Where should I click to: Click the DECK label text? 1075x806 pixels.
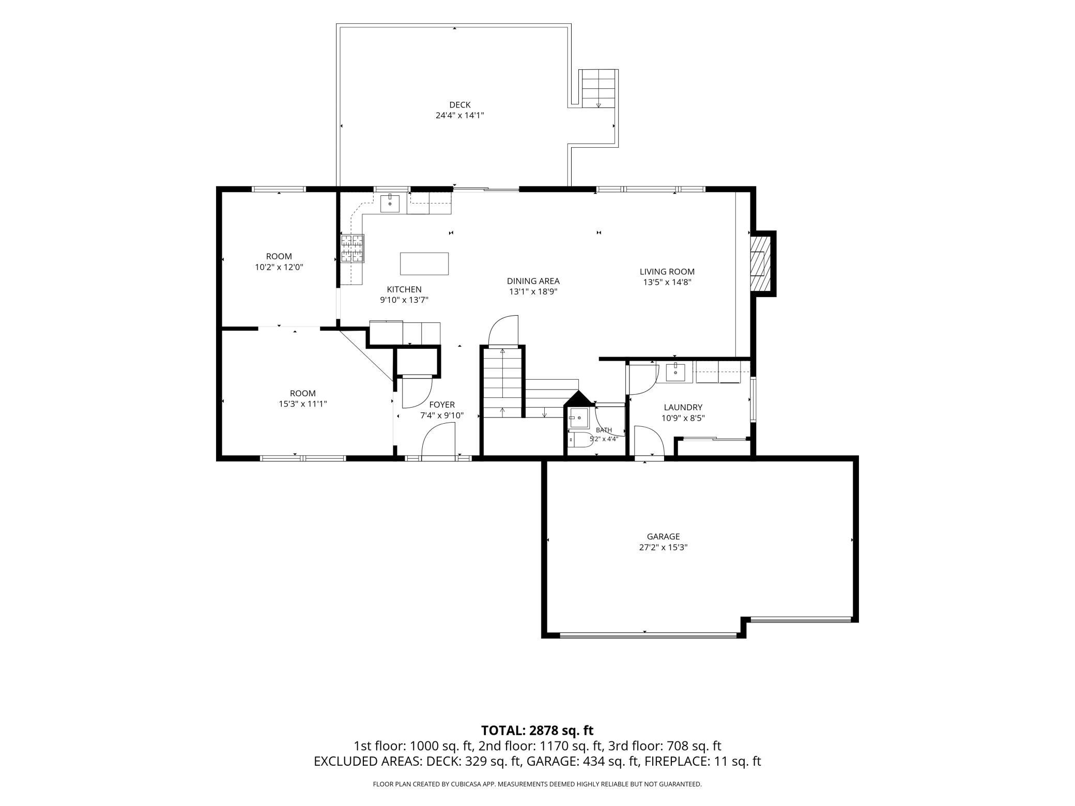pos(459,105)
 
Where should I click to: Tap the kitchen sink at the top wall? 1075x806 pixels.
pos(390,204)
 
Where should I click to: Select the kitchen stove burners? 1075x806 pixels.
pos(352,249)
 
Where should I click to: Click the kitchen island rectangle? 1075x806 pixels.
pos(424,263)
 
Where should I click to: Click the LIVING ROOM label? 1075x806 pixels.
pos(667,271)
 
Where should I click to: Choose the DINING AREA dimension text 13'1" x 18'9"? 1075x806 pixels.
pos(533,292)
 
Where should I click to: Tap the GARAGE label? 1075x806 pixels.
pos(663,536)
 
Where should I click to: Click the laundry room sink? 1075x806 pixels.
pos(675,371)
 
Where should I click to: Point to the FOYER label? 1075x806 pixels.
pos(442,405)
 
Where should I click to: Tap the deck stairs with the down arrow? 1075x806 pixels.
pos(598,88)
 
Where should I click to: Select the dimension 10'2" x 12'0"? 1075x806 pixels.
pos(279,267)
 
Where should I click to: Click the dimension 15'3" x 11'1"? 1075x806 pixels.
pos(302,404)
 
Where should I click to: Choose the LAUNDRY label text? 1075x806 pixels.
pos(683,407)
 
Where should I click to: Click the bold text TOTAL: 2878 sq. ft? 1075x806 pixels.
pos(537,730)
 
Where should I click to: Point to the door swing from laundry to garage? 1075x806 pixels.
pos(649,441)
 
